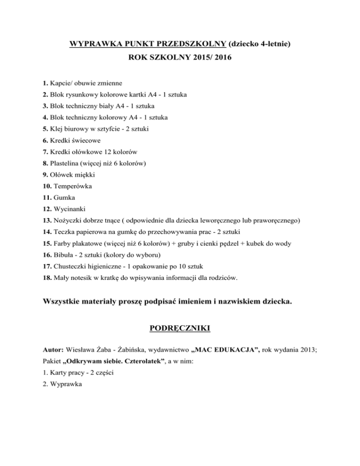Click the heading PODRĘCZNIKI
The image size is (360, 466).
point(180,329)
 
